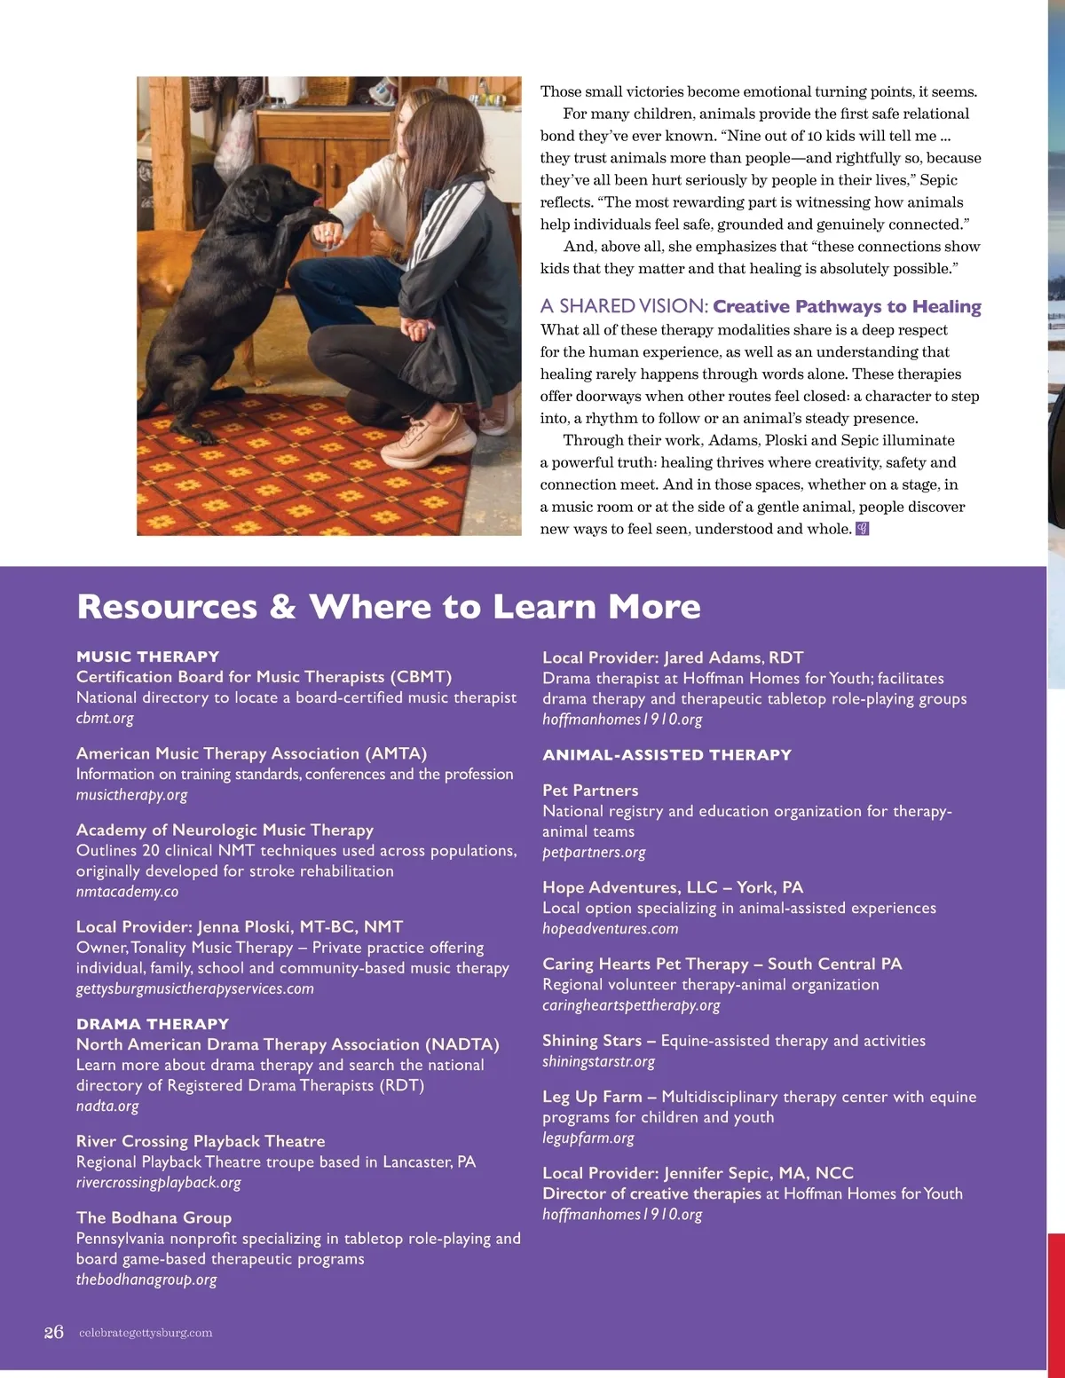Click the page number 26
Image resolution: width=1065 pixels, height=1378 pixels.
53,1332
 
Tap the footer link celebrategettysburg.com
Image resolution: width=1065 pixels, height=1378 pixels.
146,1333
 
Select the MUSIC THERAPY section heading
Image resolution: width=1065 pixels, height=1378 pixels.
147,657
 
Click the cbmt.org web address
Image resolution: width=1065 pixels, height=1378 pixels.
105,718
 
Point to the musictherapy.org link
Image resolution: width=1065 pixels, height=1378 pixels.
131,795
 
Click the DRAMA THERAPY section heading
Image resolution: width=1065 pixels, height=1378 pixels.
152,1024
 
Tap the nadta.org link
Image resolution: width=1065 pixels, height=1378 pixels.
107,1106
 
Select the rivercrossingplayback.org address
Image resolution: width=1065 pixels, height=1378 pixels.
158,1183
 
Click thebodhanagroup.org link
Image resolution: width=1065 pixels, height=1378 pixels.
146,1280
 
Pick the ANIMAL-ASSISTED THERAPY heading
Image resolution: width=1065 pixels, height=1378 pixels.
667,755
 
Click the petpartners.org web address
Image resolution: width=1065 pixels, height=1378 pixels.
594,853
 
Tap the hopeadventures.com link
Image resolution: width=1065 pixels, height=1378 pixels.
610,929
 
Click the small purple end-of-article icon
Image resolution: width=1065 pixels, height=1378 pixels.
862,529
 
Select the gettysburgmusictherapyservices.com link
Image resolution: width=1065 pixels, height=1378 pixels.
194,988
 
